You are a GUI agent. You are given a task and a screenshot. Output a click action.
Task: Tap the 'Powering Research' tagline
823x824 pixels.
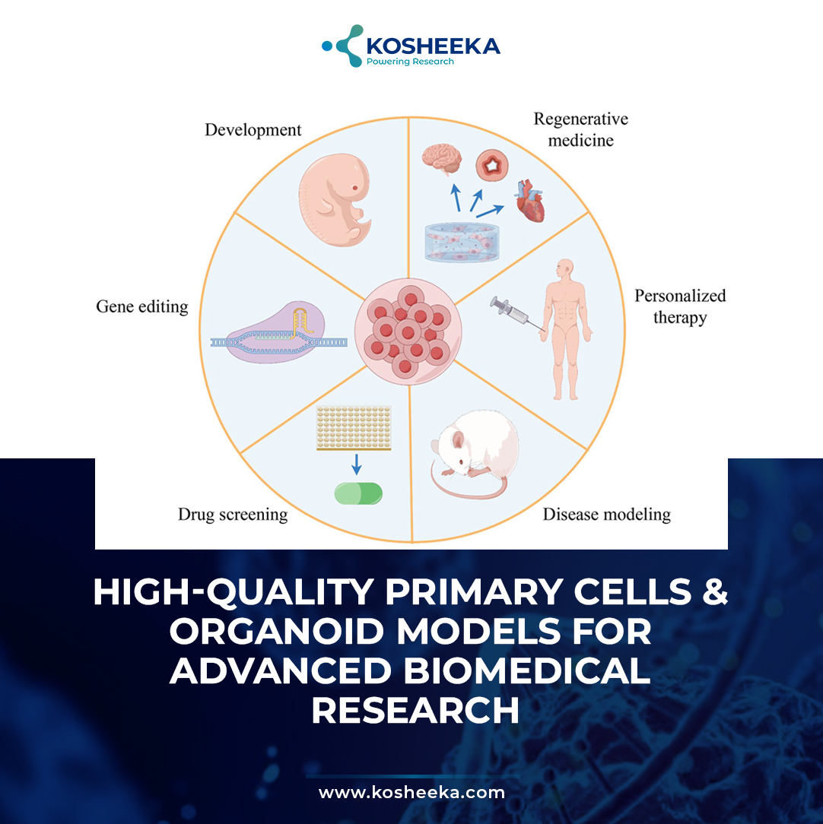click(410, 62)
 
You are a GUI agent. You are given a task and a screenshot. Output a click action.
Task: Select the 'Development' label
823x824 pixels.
click(253, 130)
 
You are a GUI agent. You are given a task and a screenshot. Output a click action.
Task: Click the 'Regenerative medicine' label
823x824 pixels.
click(580, 129)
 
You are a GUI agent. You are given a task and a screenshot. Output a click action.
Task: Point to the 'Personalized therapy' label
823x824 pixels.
click(680, 306)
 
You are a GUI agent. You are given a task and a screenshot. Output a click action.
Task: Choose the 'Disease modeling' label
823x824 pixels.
click(606, 514)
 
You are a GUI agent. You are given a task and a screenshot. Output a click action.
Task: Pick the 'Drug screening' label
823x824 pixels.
click(233, 515)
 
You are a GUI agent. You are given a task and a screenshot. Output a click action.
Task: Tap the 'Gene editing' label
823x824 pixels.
click(142, 306)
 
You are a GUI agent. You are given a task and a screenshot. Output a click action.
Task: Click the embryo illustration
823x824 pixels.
click(335, 199)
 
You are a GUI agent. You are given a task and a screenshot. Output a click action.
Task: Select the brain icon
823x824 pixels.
click(442, 159)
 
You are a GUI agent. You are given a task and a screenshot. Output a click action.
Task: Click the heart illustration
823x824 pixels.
click(530, 201)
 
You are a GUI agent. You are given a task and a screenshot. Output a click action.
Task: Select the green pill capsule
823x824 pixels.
click(359, 493)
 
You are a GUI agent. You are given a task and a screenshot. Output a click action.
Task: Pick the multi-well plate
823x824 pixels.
click(354, 428)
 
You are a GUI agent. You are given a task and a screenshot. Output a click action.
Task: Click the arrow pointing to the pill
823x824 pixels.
click(357, 464)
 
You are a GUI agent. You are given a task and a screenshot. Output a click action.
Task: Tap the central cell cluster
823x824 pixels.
click(408, 331)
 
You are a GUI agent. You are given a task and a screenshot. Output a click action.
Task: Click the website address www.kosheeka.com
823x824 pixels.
click(411, 792)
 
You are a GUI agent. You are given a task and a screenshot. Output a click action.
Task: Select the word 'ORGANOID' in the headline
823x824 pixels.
click(277, 631)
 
